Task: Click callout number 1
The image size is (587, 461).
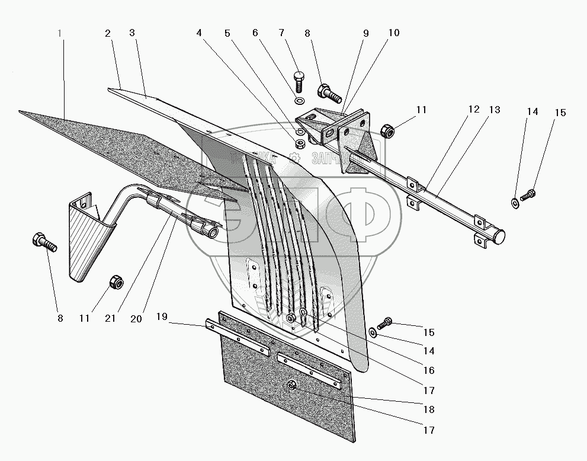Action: tap(60, 33)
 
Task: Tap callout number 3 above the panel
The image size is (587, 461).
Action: tap(132, 33)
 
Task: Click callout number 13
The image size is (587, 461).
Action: tap(495, 110)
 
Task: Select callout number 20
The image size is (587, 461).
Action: tap(136, 318)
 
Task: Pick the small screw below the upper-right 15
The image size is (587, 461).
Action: tap(527, 193)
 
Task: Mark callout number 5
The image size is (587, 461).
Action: tap(227, 33)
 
